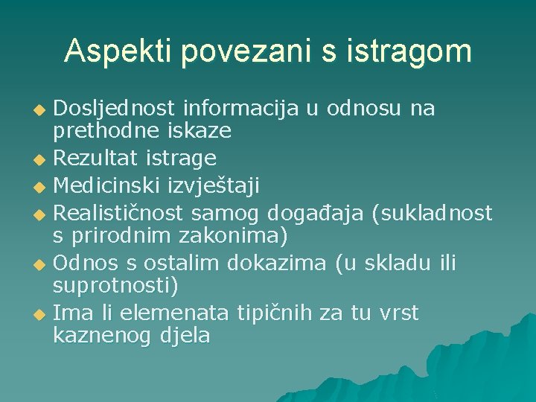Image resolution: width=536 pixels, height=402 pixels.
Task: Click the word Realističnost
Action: point(119,214)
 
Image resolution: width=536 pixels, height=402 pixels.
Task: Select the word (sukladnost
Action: point(432,214)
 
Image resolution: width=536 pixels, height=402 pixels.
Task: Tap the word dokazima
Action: point(283,263)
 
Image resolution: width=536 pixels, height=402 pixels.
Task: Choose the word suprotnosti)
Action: point(115,285)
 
